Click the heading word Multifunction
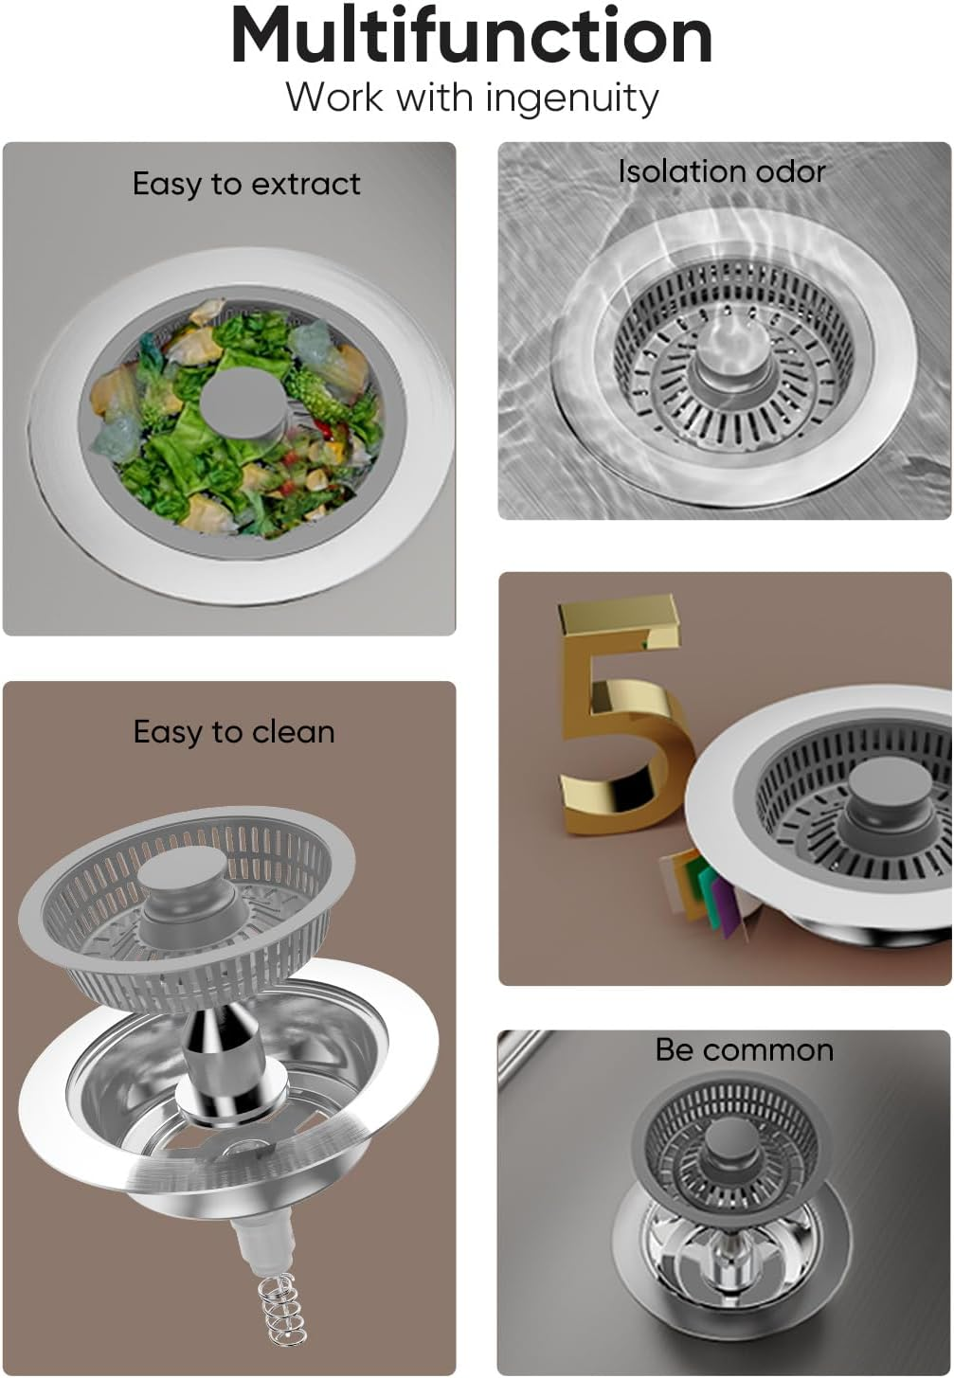point(471,37)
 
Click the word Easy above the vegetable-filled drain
point(166,184)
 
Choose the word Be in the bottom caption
point(675,1050)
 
